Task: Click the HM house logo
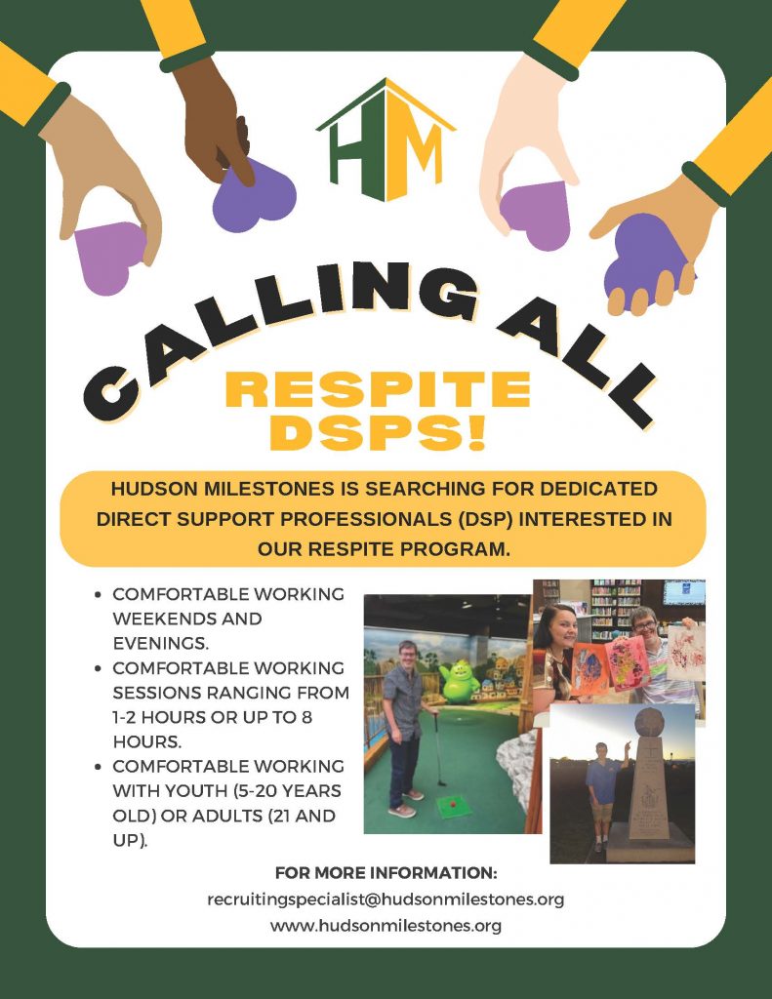386,140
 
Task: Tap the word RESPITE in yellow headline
378,389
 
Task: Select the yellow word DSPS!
378,432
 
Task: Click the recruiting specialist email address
386,899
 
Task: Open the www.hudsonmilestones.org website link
386,925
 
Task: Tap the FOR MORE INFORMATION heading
386,872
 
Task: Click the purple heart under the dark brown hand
254,195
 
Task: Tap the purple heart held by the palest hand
536,214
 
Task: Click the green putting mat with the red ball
454,807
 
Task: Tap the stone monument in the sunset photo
648,783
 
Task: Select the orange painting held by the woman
589,669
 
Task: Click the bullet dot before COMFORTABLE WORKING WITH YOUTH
98,767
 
